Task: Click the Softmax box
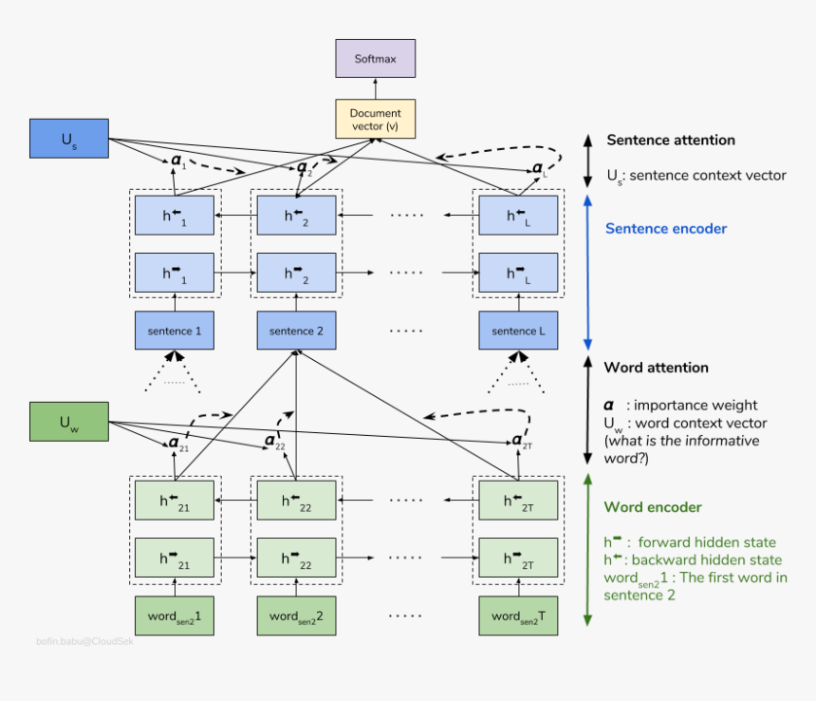click(x=376, y=59)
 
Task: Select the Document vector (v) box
click(x=376, y=119)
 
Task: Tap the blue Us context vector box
click(x=69, y=139)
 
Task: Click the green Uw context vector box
click(x=69, y=422)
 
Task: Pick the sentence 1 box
click(x=175, y=331)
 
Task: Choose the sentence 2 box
click(x=296, y=331)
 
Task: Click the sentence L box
click(x=518, y=331)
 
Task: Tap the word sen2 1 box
click(x=175, y=616)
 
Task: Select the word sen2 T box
click(x=518, y=616)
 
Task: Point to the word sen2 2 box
click(x=296, y=616)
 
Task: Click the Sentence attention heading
click(x=671, y=140)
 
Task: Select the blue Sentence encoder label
click(x=666, y=229)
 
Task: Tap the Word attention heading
click(x=656, y=368)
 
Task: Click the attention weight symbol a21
click(x=176, y=442)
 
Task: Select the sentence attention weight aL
click(x=539, y=169)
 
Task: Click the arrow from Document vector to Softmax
click(x=376, y=88)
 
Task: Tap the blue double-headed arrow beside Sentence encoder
click(x=587, y=272)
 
